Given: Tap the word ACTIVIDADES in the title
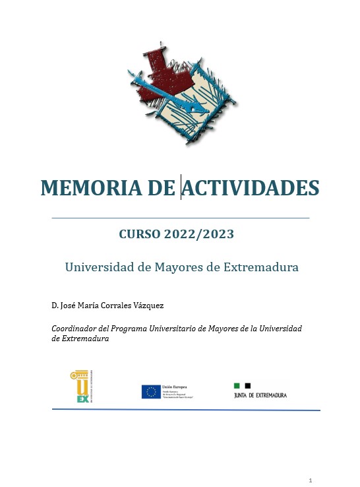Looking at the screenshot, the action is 251,187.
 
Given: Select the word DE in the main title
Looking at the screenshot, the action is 161,187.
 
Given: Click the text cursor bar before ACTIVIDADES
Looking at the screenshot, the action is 181,187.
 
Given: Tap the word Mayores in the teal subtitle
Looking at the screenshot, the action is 162,267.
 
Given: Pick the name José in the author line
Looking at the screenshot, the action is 69,306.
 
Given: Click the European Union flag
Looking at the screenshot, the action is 150,391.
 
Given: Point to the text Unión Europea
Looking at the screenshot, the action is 173,386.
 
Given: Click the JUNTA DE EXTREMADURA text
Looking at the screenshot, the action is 261,395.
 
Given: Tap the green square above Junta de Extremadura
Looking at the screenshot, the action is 237,385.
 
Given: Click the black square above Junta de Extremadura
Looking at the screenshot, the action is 248,385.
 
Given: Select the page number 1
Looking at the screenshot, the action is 310,479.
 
